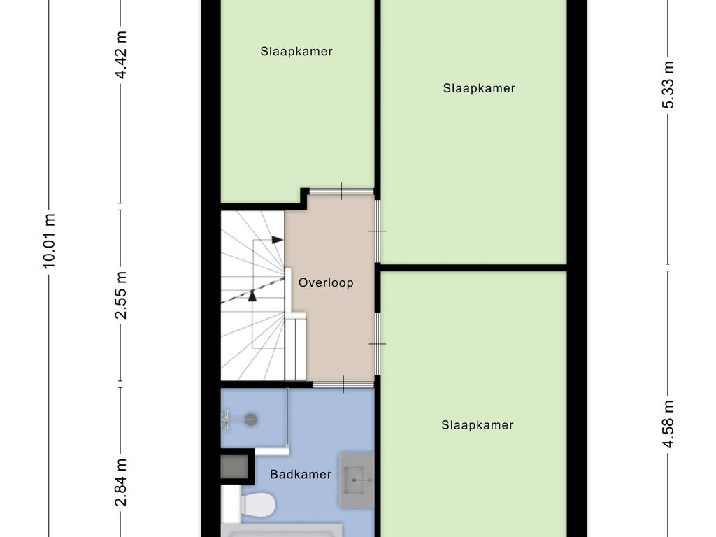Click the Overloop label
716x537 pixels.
(326, 283)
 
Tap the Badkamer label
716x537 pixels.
(301, 475)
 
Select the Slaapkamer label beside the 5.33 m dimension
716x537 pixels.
(479, 88)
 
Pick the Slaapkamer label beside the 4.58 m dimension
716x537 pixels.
(478, 425)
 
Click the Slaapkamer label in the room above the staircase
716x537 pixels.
(296, 51)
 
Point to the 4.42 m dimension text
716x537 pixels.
(122, 55)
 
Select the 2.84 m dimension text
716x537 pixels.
(122, 482)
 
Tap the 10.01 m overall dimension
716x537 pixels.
(49, 241)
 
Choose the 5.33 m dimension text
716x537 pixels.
(668, 85)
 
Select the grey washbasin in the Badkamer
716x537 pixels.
(357, 478)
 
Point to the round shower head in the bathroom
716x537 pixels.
(250, 419)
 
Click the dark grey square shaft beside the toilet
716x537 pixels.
(234, 467)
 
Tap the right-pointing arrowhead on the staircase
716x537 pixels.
(277, 240)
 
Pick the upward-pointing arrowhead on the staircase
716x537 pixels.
(252, 295)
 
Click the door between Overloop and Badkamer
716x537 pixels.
(343, 384)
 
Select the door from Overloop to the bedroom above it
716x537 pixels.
(341, 191)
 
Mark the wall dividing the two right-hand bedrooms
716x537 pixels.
(473, 267)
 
